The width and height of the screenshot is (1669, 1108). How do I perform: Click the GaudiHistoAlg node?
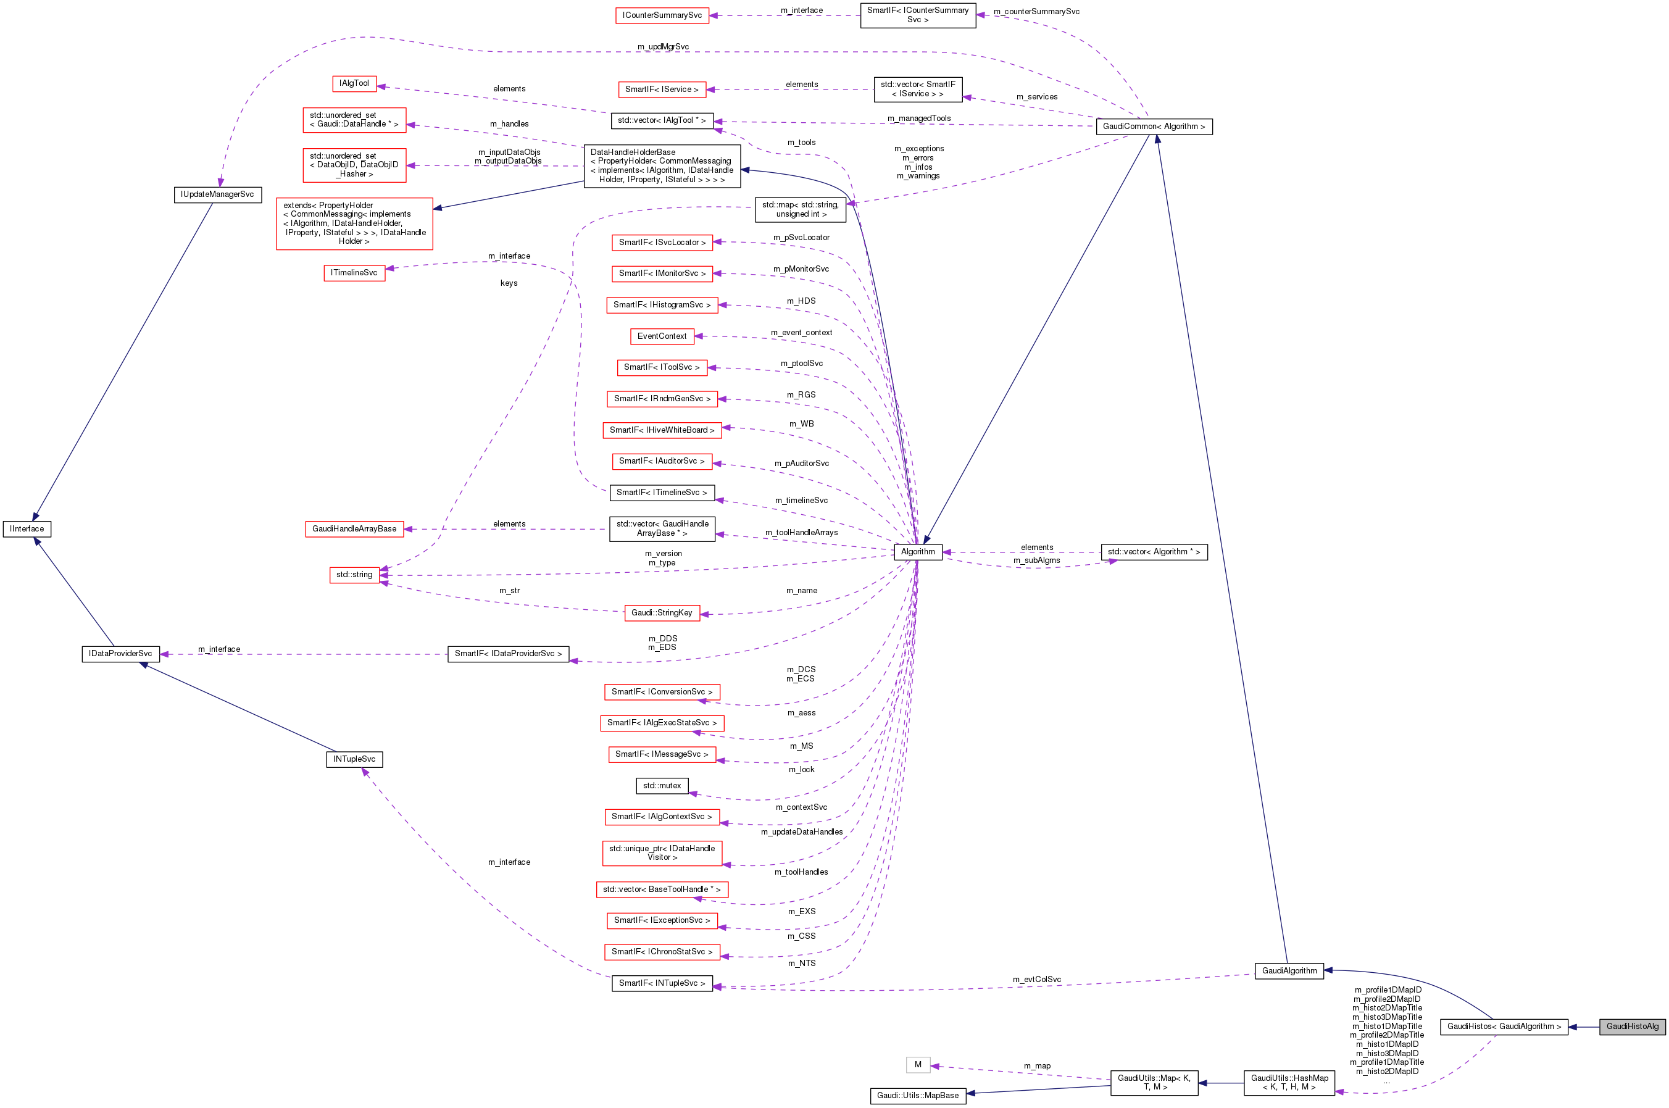point(1631,1026)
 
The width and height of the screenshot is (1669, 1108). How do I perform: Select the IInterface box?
point(27,528)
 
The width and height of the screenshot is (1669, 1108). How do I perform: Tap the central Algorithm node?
point(917,552)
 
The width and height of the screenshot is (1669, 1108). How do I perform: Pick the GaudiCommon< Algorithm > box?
point(1153,127)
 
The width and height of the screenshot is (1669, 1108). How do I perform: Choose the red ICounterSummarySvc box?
point(662,15)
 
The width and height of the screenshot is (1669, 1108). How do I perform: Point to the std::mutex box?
point(662,785)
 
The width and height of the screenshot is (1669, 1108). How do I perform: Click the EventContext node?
point(662,336)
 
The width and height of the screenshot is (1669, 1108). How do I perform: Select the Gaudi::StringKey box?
point(662,613)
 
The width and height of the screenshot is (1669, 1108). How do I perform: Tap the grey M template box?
point(917,1064)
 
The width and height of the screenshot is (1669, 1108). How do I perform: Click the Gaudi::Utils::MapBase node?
point(917,1095)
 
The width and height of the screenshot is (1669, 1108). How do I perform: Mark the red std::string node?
point(354,575)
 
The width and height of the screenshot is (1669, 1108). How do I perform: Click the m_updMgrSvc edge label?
point(663,47)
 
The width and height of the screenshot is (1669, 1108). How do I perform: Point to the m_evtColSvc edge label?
point(1036,980)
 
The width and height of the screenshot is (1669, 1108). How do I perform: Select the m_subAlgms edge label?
point(1036,560)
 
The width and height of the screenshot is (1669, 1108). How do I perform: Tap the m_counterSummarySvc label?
point(1036,11)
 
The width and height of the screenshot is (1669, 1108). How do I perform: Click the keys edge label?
point(509,283)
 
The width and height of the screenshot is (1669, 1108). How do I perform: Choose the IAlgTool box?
point(354,83)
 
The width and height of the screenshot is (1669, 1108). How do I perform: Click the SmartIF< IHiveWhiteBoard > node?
point(662,430)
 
